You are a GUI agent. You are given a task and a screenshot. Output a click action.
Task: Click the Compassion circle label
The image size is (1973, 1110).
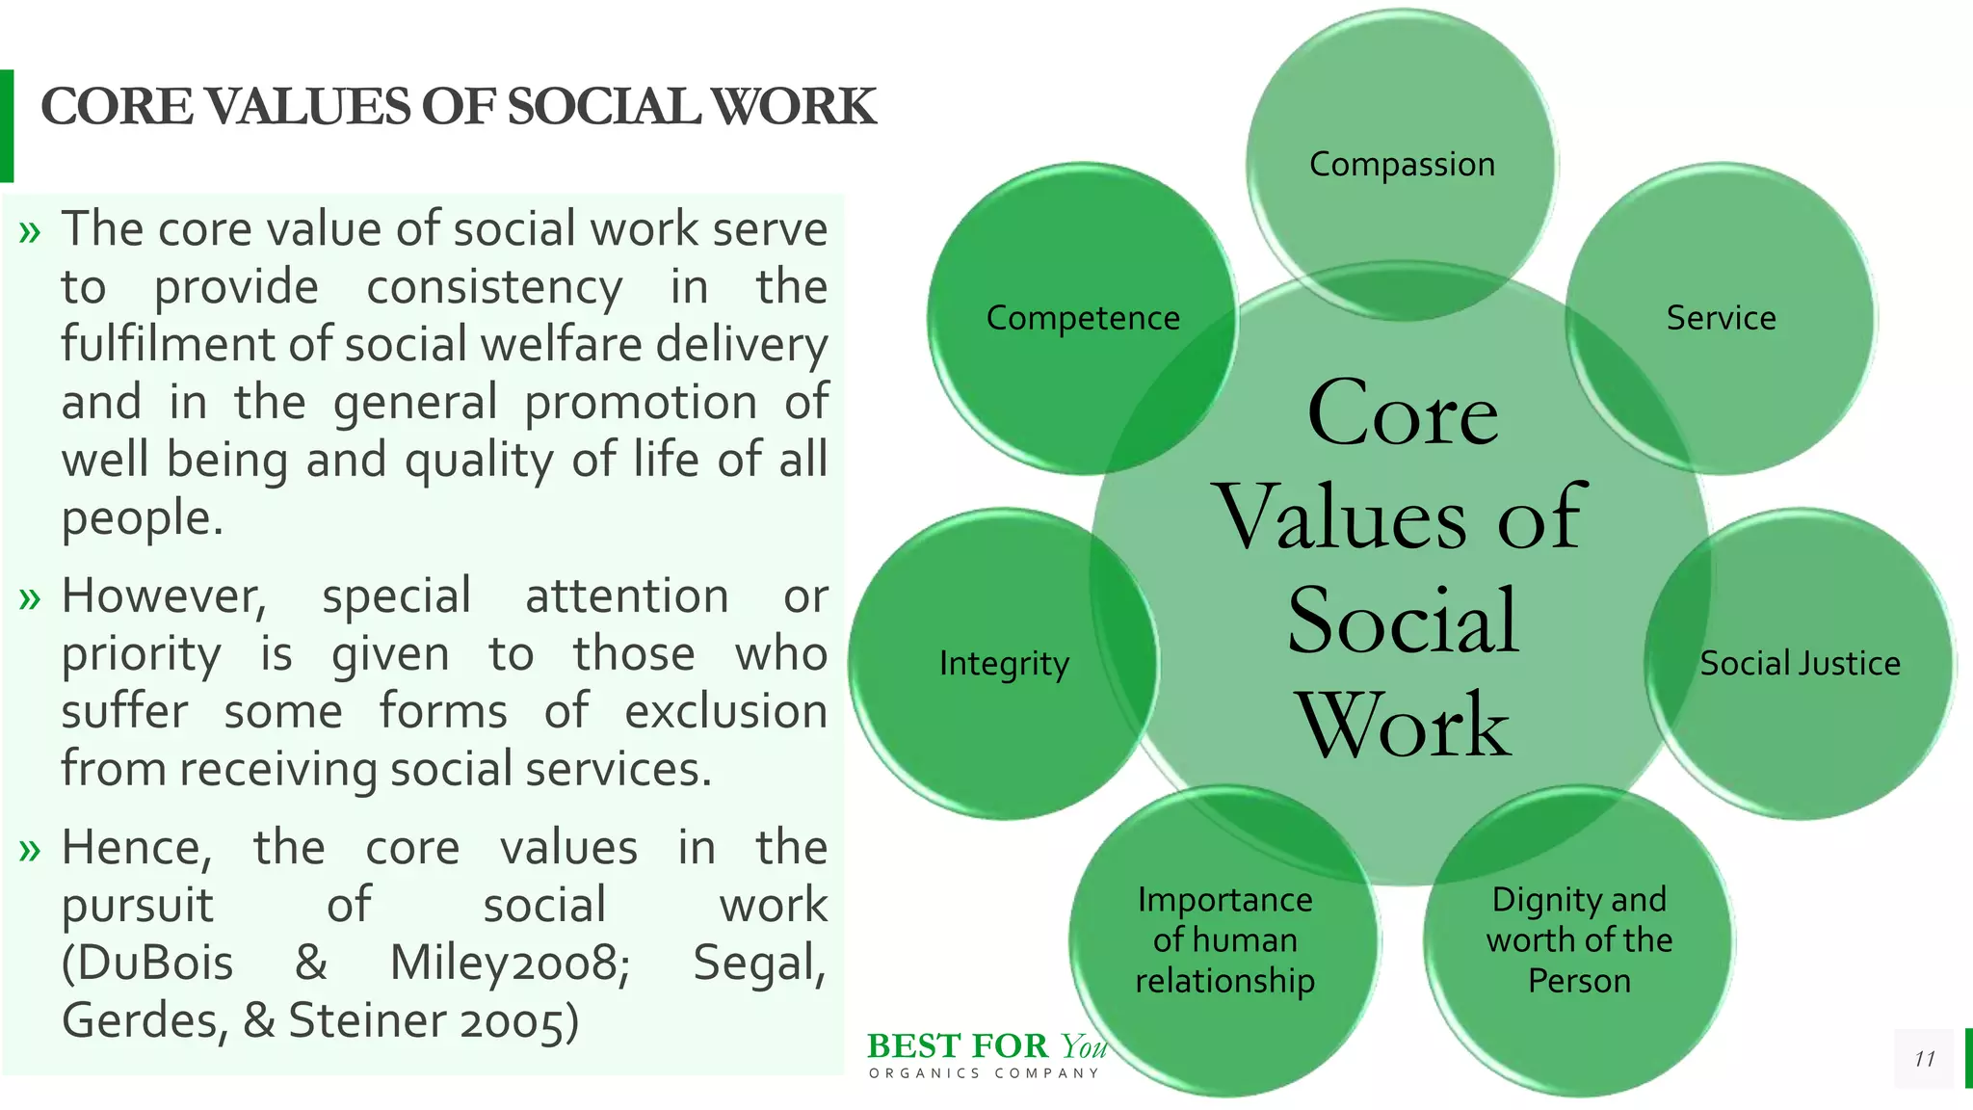[1402, 165]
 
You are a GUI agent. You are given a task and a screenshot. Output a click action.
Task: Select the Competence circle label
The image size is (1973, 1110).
[1083, 318]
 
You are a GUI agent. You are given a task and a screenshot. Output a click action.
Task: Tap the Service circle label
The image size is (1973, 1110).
[1721, 318]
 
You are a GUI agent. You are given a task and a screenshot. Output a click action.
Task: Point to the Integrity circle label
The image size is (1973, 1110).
[1004, 664]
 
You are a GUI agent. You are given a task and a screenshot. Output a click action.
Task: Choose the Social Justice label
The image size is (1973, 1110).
[1800, 664]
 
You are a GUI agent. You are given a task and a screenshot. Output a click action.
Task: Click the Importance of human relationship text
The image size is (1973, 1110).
[1224, 939]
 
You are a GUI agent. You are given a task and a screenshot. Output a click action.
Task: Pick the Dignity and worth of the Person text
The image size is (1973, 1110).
[1579, 939]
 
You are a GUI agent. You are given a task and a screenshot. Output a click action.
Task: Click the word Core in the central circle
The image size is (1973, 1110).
[1403, 413]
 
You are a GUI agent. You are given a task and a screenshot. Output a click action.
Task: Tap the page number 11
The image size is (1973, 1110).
[1924, 1059]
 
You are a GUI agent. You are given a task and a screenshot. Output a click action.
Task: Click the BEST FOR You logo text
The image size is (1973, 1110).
[986, 1046]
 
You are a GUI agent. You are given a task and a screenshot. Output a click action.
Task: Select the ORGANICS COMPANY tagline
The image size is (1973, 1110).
[984, 1073]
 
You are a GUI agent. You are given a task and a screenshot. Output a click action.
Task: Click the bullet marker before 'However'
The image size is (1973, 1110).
[30, 599]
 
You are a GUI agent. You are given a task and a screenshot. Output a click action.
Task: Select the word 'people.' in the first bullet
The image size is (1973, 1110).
[143, 518]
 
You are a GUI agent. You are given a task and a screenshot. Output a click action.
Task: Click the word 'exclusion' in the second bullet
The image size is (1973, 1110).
[725, 712]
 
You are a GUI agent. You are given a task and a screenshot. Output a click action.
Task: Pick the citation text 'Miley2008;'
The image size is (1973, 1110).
[510, 963]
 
